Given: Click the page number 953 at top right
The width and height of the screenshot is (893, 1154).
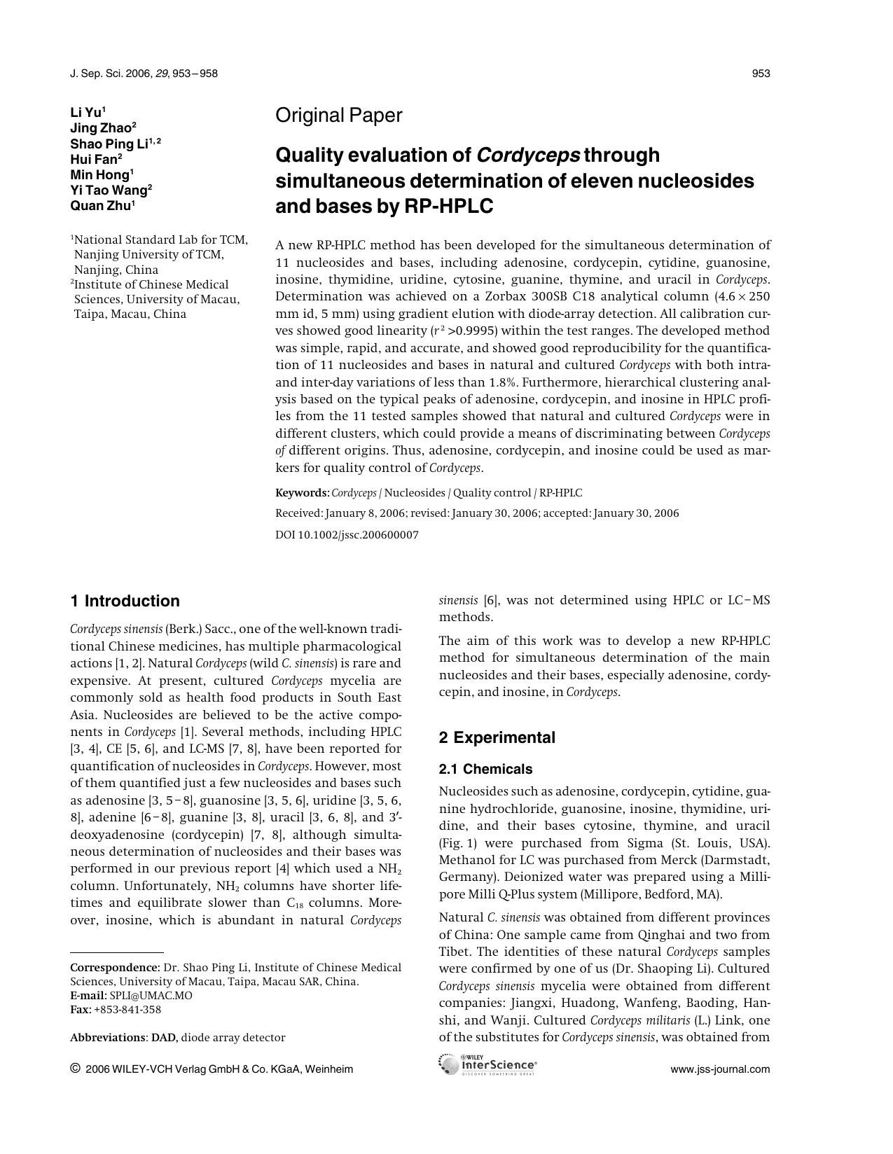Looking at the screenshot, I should click(x=761, y=74).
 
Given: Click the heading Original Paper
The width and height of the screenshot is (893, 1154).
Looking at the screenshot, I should click(x=338, y=116).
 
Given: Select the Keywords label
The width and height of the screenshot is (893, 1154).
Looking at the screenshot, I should click(x=302, y=493).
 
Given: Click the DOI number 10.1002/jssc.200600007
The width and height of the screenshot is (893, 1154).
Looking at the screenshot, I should click(x=358, y=535).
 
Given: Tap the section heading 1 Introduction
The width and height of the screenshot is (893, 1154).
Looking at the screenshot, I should click(x=125, y=601).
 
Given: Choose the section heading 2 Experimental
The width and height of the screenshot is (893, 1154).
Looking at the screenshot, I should click(x=497, y=737).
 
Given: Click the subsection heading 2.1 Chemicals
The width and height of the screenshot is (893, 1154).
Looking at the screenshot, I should click(x=485, y=769).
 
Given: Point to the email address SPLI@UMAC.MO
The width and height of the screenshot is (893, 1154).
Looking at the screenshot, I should click(x=151, y=996).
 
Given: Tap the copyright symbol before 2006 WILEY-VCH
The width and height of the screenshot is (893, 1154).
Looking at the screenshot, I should click(x=75, y=1069).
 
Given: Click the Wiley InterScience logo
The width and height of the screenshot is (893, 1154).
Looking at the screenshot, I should click(x=487, y=1065).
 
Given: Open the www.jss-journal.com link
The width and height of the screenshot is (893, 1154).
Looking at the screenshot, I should click(x=720, y=1069).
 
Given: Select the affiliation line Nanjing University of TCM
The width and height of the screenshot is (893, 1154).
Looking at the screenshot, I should click(x=148, y=255).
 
